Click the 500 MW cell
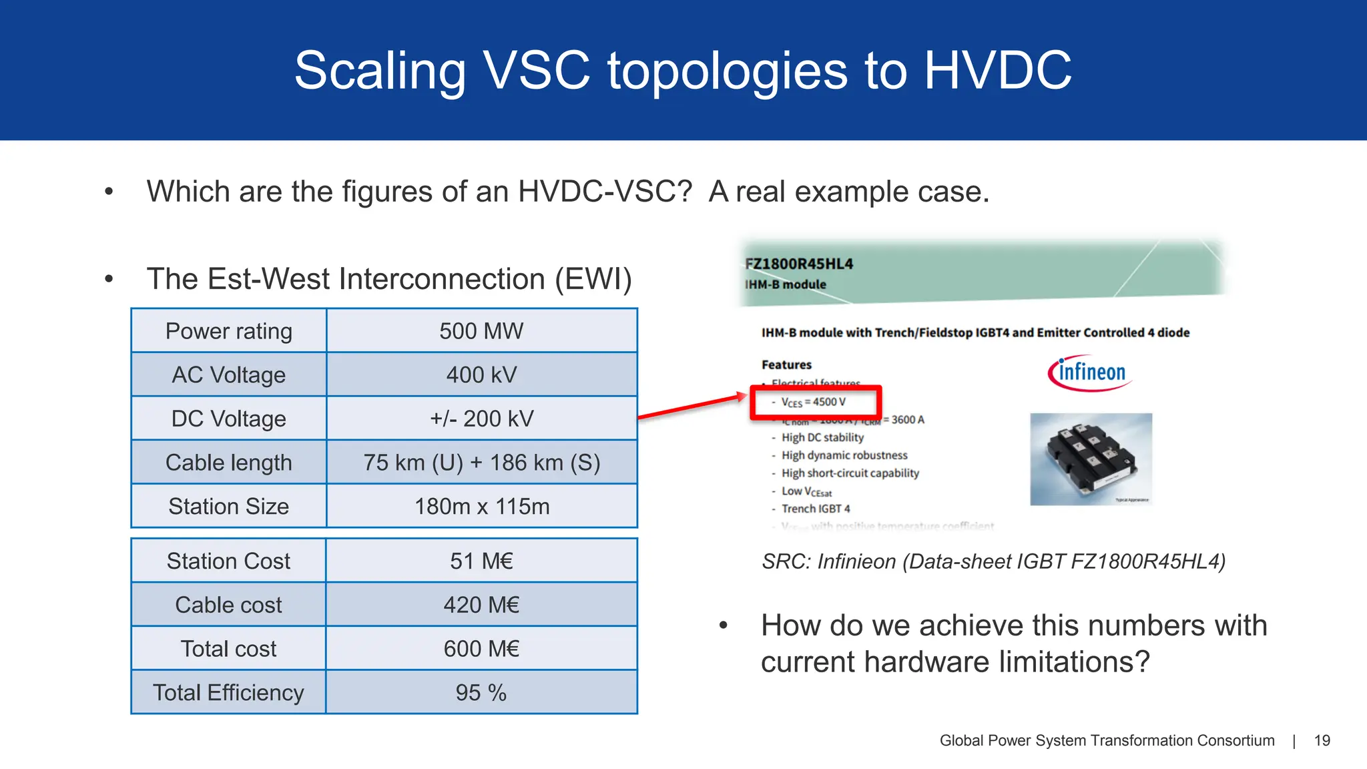pos(481,331)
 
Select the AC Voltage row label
pos(228,375)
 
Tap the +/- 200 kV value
pos(481,419)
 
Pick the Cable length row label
pos(228,463)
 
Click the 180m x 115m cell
pos(481,507)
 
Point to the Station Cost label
pos(228,561)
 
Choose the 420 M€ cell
pos(481,605)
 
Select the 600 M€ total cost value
pos(481,649)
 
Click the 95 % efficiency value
pos(481,693)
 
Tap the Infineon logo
pos(1090,372)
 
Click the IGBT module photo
pos(1091,459)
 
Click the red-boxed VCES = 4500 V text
pos(814,403)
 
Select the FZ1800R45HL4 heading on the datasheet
pos(799,264)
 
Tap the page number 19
pos(1322,740)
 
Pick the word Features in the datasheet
pos(786,364)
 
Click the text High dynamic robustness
pos(844,455)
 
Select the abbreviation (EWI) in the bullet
pos(593,279)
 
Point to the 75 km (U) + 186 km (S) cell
pos(481,463)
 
